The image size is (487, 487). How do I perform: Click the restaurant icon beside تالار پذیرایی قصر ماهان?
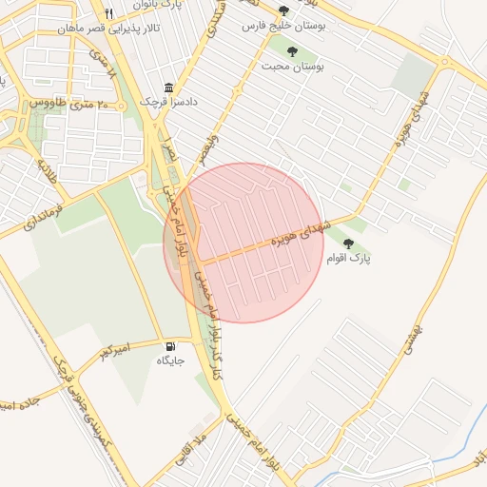point(108,13)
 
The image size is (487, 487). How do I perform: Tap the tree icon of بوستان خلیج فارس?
point(283,11)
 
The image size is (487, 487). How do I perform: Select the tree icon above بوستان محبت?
point(292,52)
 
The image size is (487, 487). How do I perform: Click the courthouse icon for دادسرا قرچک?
point(169,88)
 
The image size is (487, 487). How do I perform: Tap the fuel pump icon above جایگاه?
point(171,347)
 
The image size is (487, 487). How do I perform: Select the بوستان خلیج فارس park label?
point(284,28)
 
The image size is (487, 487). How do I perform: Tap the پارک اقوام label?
point(349,259)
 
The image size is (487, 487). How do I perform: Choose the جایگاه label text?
point(171,361)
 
